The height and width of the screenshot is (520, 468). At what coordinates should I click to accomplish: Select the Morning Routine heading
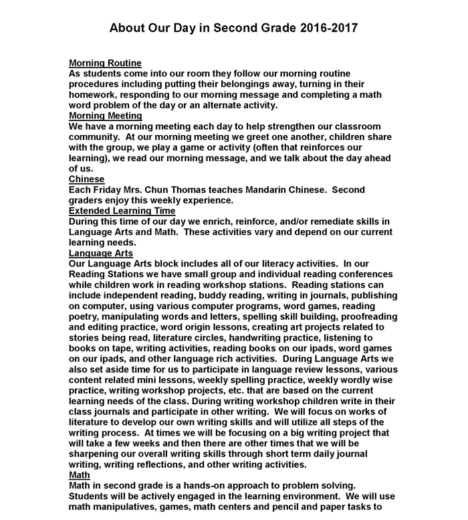pyautogui.click(x=105, y=63)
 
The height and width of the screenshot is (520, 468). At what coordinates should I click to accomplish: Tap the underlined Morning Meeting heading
pyautogui.click(x=105, y=116)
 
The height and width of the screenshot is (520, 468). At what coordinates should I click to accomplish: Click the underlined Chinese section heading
pyautogui.click(x=87, y=179)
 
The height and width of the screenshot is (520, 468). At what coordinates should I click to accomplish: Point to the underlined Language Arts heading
pyautogui.click(x=101, y=253)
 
